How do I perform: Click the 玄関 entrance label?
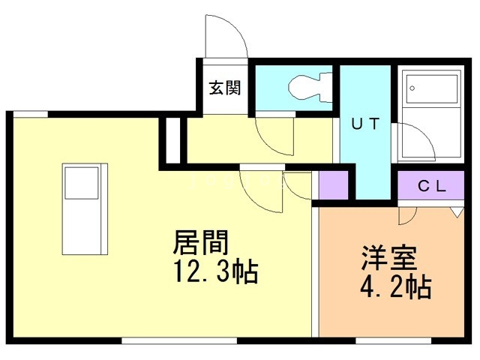[x=224, y=88]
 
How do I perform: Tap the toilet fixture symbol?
[x=308, y=86]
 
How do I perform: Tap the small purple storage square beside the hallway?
[x=334, y=185]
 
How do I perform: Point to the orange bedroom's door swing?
[x=406, y=215]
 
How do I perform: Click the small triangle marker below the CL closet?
[x=455, y=212]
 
